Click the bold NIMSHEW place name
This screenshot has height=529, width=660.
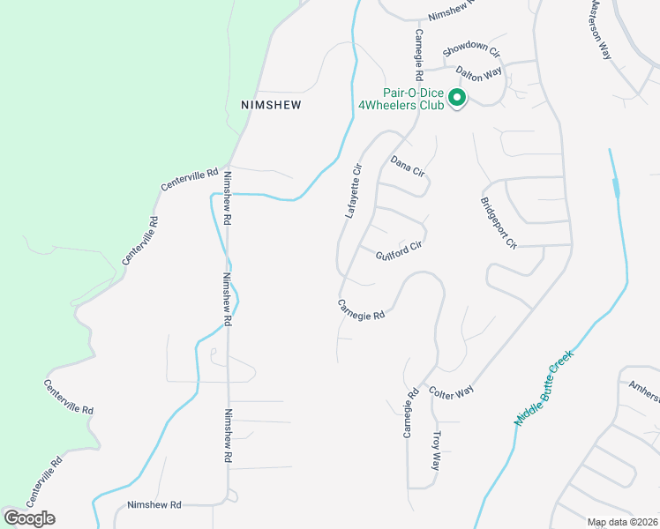(271, 104)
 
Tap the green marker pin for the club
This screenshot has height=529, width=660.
(457, 97)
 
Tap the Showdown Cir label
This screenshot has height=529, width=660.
(471, 52)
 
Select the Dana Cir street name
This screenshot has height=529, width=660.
(408, 166)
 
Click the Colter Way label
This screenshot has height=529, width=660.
(452, 391)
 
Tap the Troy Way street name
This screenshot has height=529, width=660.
(435, 451)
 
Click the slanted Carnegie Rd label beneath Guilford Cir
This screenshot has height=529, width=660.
(362, 309)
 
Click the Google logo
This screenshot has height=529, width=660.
(29, 518)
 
